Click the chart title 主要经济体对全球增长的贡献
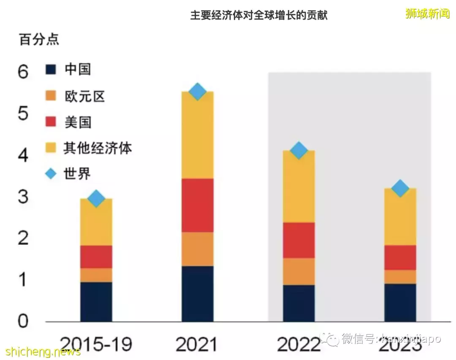(x=258, y=16)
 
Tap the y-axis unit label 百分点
(x=39, y=39)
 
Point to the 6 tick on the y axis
(x=23, y=72)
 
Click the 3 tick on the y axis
(x=23, y=197)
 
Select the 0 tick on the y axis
(x=23, y=322)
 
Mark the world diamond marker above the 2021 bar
(x=198, y=92)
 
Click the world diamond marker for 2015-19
(x=96, y=198)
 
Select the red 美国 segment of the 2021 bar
(x=198, y=205)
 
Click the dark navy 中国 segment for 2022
(x=299, y=303)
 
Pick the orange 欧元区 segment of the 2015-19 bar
(x=96, y=275)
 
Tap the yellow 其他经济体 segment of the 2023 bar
(x=400, y=217)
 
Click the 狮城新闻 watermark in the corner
(x=427, y=14)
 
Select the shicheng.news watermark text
(x=43, y=352)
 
